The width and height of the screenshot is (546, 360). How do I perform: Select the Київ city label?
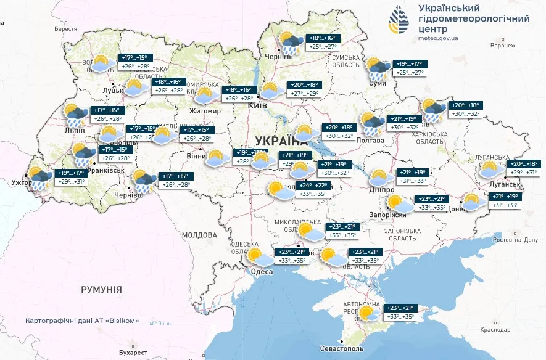256,106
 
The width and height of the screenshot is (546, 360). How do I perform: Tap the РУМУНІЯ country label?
101,289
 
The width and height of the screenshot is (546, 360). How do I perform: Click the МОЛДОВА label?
199,235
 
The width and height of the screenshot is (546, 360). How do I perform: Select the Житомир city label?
204,111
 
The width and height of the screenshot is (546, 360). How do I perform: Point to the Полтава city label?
371,141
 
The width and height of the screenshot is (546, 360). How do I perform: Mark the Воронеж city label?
503,46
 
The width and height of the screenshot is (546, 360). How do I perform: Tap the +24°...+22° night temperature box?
313,186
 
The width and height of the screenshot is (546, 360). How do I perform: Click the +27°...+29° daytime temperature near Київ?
305,94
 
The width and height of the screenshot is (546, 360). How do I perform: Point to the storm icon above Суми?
377,68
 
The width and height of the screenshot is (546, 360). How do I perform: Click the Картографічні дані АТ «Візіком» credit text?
81,321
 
